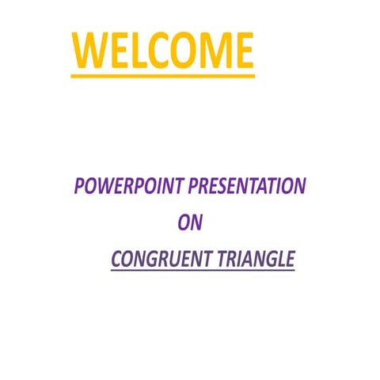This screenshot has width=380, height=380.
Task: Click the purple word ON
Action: (x=190, y=222)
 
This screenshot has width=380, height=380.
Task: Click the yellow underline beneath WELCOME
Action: (x=162, y=76)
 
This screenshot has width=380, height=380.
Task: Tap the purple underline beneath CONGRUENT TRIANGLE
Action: (x=203, y=272)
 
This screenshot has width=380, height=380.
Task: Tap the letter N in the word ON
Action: (x=196, y=222)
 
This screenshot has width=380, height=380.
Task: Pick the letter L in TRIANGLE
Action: (x=279, y=259)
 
